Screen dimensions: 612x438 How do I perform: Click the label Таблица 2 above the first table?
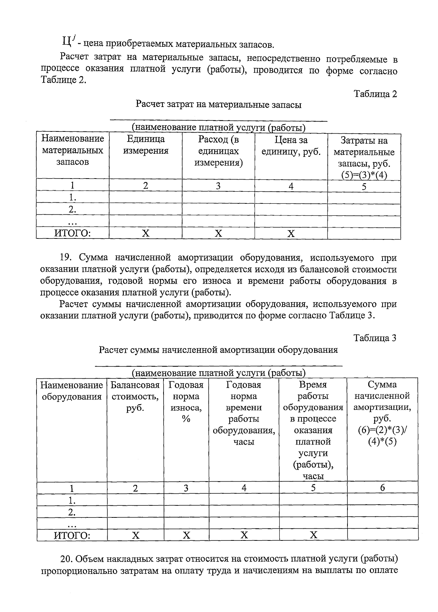point(375,94)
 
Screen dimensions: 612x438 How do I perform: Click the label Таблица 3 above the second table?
point(375,338)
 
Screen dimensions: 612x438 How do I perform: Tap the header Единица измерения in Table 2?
point(146,145)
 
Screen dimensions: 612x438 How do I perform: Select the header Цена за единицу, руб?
point(291,146)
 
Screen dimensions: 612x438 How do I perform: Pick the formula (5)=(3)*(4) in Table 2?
point(364,175)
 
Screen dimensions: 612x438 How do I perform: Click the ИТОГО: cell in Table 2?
point(72,233)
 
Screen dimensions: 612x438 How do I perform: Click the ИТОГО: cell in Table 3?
point(72,535)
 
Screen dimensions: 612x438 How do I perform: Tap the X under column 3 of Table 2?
point(218,233)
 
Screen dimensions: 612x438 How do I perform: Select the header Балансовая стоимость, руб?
point(135,396)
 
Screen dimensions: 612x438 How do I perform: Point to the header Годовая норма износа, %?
point(186,402)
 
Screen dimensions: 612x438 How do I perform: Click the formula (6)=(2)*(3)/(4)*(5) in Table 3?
point(382,436)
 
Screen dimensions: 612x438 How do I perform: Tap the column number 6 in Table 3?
point(382,488)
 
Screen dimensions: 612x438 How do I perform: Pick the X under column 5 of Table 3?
point(313,535)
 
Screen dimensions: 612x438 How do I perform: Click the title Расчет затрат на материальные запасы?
point(218,105)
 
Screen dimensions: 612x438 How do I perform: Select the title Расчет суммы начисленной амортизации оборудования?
point(218,350)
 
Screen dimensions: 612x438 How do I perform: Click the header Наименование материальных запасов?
point(72,150)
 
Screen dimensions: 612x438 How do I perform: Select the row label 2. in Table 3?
point(72,512)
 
